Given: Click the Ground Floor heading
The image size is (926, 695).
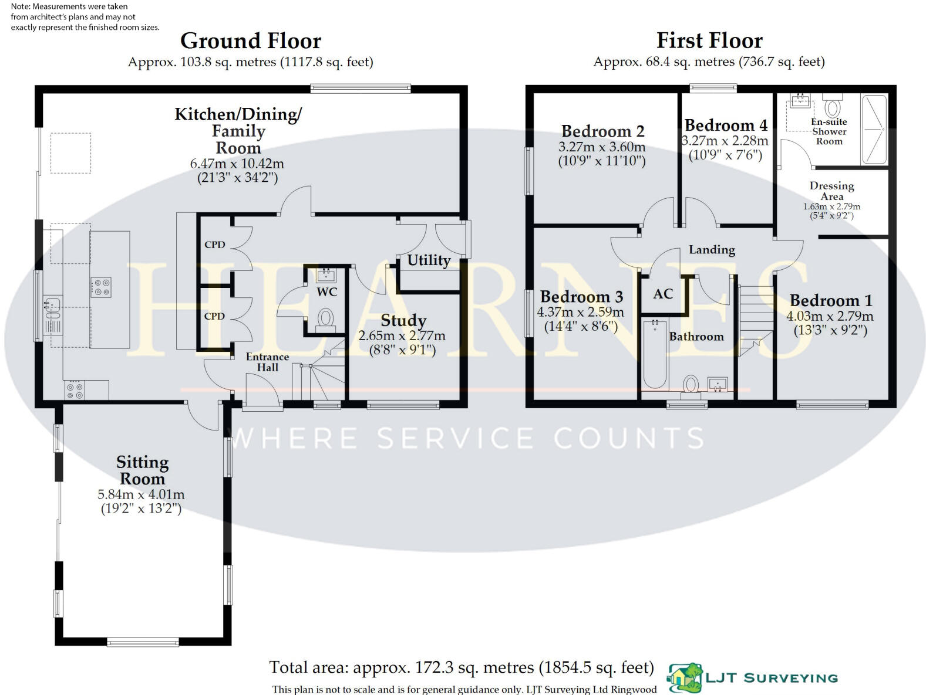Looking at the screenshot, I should click(251, 41).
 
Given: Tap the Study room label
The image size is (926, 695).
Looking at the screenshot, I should click(403, 320).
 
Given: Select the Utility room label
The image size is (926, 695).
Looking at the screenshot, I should click(429, 260).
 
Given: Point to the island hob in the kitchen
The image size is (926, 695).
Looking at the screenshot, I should click(100, 287).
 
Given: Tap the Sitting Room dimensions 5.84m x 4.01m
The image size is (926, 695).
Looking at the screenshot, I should click(141, 494).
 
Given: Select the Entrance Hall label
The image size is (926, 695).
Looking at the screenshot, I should click(267, 362).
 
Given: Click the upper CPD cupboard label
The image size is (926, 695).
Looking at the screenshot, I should click(214, 245).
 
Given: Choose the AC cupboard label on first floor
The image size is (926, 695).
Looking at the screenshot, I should click(663, 294).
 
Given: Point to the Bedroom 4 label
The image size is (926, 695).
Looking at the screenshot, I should click(726, 126).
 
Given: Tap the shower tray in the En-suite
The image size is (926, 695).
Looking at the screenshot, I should click(875, 129).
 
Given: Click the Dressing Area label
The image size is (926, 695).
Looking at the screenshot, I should click(831, 191).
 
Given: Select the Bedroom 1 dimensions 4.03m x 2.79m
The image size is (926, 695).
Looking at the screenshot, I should click(830, 316).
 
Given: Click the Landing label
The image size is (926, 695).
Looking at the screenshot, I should click(712, 250).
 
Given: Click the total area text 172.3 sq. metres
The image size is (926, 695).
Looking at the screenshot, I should click(461, 667).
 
